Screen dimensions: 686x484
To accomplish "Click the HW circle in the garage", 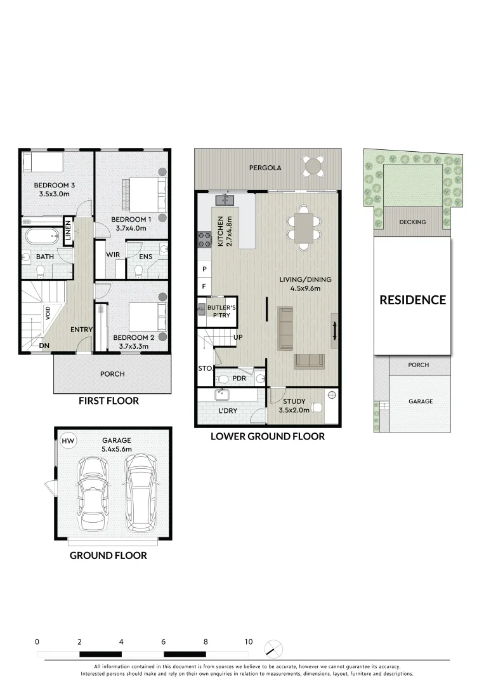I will pyautogui.click(x=67, y=440).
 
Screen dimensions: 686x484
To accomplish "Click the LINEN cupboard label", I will pyautogui.click(x=68, y=231).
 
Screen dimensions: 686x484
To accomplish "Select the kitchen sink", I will pyautogui.click(x=225, y=200).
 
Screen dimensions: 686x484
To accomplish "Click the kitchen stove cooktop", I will pyautogui.click(x=205, y=240).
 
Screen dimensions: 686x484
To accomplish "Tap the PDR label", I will pyautogui.click(x=239, y=379).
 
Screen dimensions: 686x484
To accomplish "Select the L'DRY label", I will pyautogui.click(x=227, y=411).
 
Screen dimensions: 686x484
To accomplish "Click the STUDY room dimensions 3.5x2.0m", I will pyautogui.click(x=294, y=410).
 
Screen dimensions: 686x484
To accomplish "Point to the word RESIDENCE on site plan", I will pyautogui.click(x=412, y=300).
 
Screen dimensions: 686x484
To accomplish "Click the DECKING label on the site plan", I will pyautogui.click(x=412, y=222).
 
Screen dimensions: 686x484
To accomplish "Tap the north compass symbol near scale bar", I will pyautogui.click(x=273, y=649).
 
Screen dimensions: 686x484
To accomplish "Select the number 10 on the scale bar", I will pyautogui.click(x=248, y=642).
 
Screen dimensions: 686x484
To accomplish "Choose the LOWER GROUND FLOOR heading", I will pyautogui.click(x=267, y=436).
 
